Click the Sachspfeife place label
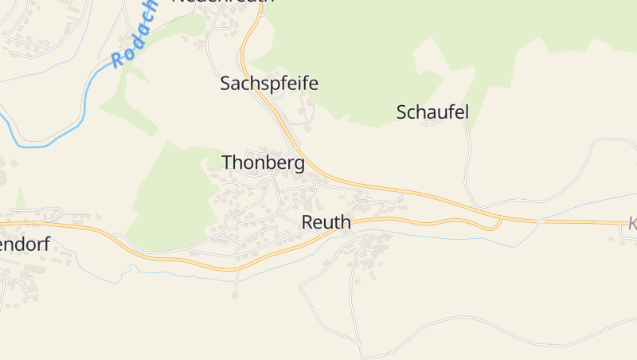tap(269, 83)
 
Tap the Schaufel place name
tap(432, 112)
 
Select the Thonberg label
tap(263, 162)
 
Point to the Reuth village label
tap(326, 222)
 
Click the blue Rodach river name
tap(133, 36)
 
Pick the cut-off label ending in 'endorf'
tap(24, 245)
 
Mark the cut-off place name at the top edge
tap(223, 2)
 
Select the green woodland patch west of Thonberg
tap(171, 199)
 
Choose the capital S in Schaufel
tap(402, 112)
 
